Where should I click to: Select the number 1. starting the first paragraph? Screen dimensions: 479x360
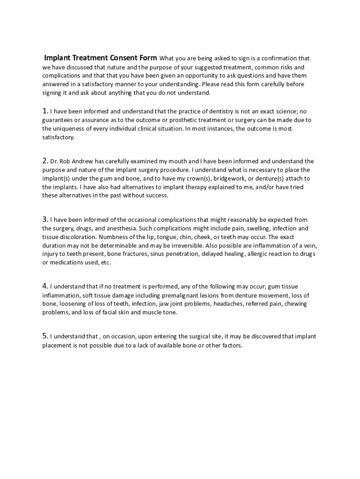click(45, 111)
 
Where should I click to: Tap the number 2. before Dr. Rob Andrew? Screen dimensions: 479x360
click(45, 161)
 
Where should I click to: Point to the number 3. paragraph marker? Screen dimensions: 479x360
click(45, 219)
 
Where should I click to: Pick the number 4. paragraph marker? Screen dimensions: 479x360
click(45, 286)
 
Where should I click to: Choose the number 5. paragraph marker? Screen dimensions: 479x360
click(45, 336)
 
